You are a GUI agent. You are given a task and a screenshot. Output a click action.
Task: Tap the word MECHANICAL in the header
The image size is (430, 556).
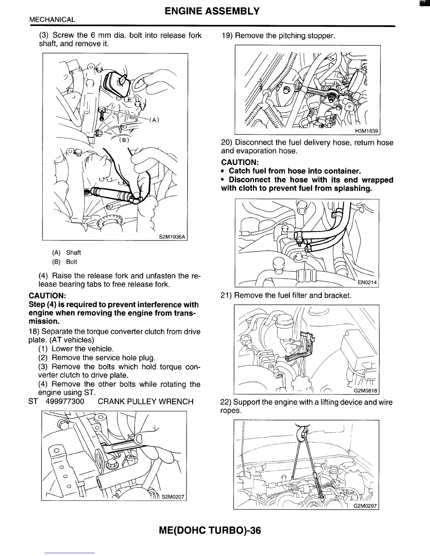tap(52, 20)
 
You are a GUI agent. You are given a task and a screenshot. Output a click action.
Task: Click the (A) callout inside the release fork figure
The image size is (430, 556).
tap(154, 120)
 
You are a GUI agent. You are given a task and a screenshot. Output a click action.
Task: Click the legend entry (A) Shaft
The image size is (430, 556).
tap(66, 252)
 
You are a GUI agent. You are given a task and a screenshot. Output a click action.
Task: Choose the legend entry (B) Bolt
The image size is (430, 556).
tap(64, 262)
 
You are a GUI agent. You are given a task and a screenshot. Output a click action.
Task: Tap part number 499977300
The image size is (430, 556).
tap(65, 401)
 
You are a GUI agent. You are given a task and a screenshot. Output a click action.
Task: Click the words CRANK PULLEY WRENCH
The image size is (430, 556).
tap(145, 401)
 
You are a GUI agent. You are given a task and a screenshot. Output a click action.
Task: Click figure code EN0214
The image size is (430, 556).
tap(367, 282)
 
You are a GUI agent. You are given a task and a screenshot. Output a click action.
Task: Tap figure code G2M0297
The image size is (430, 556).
tap(365, 506)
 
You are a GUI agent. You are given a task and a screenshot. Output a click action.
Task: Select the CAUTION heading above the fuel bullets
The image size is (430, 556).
tap(240, 162)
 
